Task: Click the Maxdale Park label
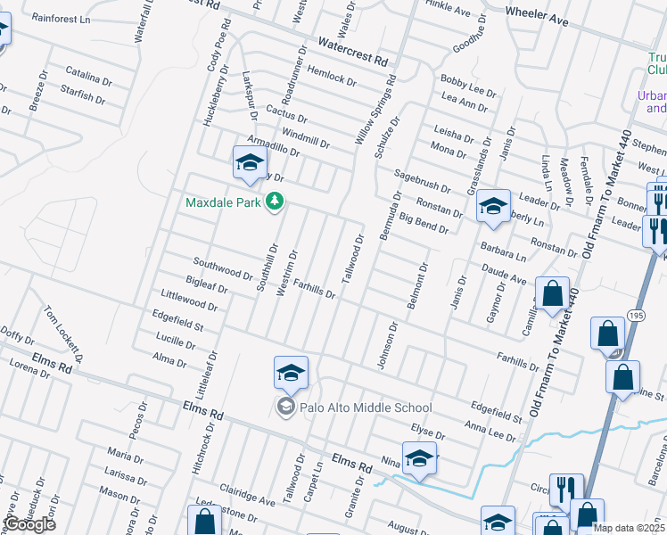point(223,202)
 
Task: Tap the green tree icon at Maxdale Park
point(276,202)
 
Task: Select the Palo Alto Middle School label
point(353,407)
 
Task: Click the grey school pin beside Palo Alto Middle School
point(285,407)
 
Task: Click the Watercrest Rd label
point(354,52)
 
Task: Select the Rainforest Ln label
point(62,19)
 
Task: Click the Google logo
point(29,524)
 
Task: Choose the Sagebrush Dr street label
point(423,182)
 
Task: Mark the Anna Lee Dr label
point(490,430)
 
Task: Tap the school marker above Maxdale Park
point(251,163)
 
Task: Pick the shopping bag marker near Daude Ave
point(553,294)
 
